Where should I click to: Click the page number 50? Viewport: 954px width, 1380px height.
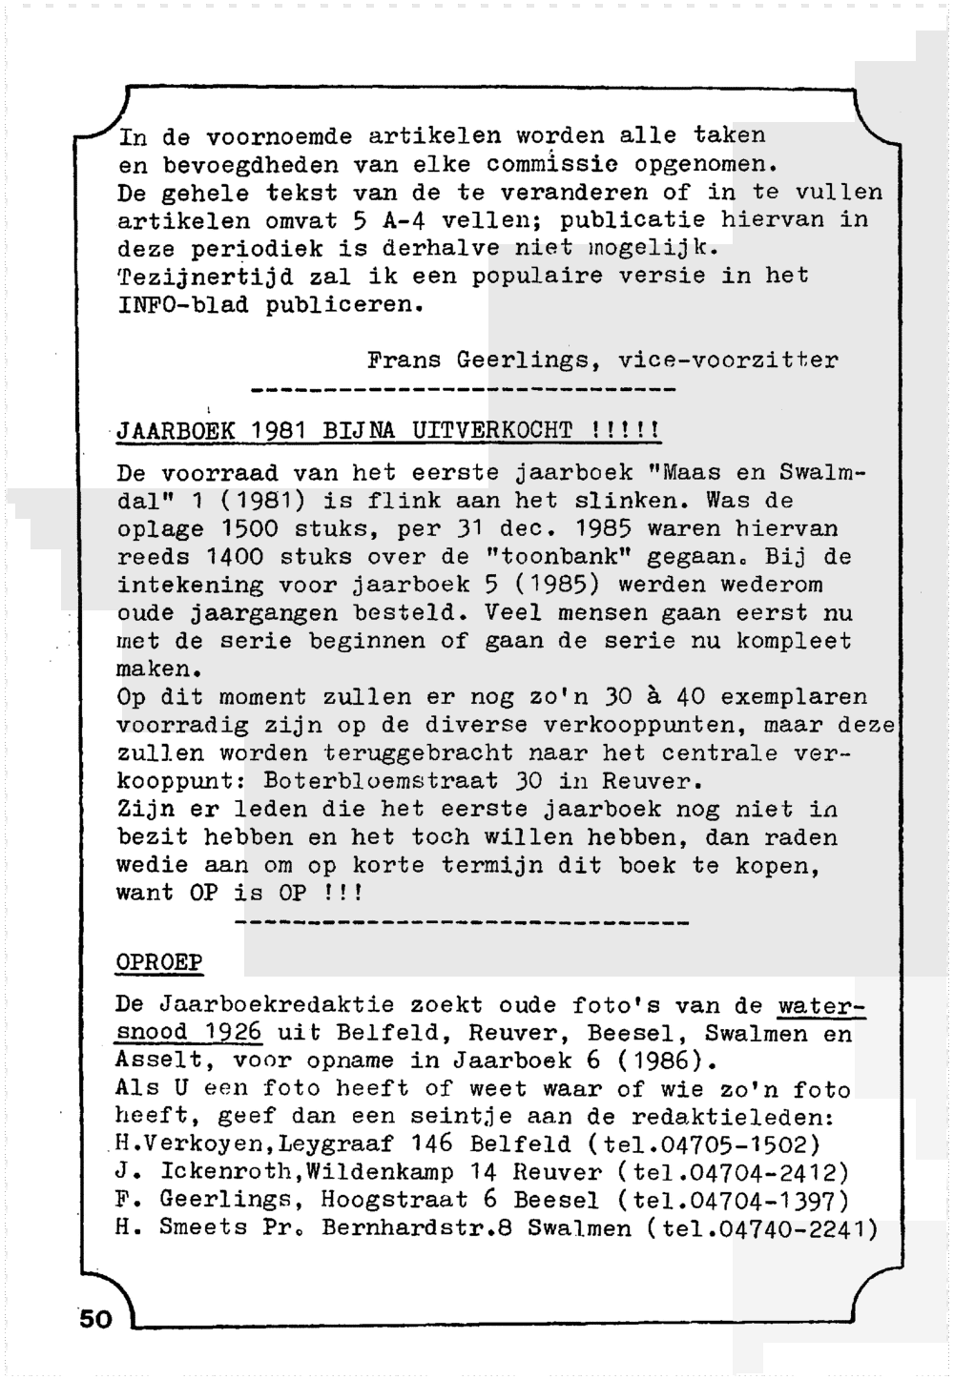[x=95, y=1319]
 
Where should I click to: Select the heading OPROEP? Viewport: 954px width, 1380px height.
[x=159, y=961]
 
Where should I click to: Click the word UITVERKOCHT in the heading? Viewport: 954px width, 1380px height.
[x=491, y=430]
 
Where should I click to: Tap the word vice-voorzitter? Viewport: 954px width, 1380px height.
[x=728, y=361]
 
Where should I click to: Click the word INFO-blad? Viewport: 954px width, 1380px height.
[x=182, y=305]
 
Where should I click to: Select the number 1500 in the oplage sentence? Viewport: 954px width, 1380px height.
[x=250, y=528]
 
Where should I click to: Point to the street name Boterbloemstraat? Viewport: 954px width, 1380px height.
[x=381, y=781]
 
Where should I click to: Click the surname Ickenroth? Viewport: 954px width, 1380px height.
[x=217, y=1172]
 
